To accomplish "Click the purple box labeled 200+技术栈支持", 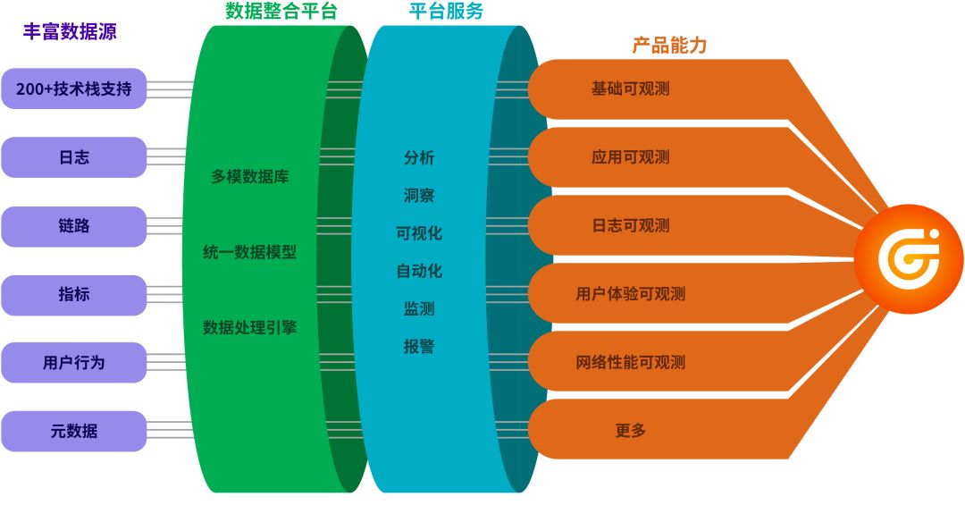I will (x=73, y=88).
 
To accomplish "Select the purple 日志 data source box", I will (x=73, y=157).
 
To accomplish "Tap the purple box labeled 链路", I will (x=73, y=226).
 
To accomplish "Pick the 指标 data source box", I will (x=73, y=294).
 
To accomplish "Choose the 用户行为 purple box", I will (x=73, y=363).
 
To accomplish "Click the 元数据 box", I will (x=73, y=431).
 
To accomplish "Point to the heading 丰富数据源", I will (x=70, y=32).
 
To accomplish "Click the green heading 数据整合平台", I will (x=281, y=12).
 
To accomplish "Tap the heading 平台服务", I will (x=446, y=12).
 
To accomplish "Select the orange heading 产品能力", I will (x=669, y=45).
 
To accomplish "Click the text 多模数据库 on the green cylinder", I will (x=250, y=177).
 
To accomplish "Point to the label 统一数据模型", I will (x=250, y=252).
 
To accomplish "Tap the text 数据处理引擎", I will (x=250, y=327).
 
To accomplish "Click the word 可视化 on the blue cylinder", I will (x=419, y=233).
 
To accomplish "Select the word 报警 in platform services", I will (x=419, y=347).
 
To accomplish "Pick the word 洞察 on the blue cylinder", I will (x=419, y=195).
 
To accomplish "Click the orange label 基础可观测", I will (x=630, y=88).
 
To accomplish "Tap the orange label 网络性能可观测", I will (x=630, y=363).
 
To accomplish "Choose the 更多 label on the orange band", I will (x=630, y=431).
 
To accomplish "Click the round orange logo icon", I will (x=908, y=259).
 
